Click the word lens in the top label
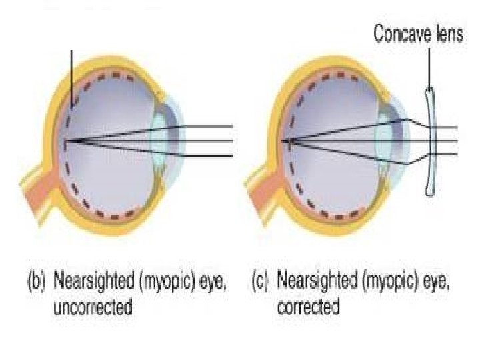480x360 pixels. click(x=447, y=34)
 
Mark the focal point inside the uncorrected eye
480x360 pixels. click(x=67, y=141)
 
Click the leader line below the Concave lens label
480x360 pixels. click(x=429, y=67)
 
